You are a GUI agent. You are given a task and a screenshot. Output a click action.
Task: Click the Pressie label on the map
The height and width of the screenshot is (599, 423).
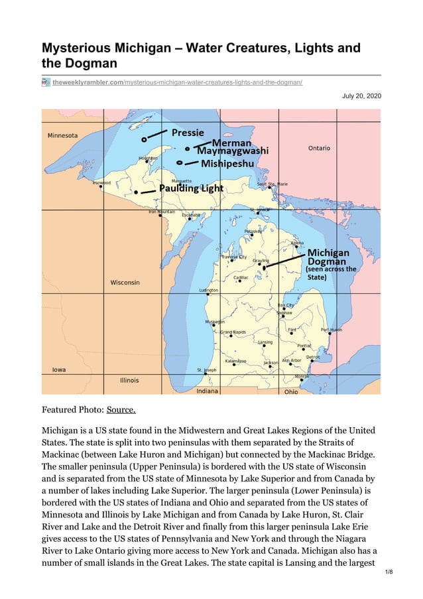click(x=188, y=132)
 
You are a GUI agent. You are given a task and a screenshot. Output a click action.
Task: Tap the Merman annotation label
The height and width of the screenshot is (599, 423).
click(x=231, y=143)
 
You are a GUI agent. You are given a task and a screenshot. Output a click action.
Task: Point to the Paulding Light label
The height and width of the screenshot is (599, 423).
click(x=191, y=188)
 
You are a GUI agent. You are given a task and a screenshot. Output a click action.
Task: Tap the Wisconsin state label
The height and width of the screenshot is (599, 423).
click(x=125, y=283)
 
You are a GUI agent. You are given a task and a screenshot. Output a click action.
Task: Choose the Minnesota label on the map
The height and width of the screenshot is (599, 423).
click(x=62, y=136)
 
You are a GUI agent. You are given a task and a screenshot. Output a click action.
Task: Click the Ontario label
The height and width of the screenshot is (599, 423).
click(x=319, y=148)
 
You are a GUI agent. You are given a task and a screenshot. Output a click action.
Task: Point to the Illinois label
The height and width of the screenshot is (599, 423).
click(x=129, y=381)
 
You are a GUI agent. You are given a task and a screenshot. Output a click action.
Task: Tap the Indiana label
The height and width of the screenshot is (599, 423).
click(x=208, y=391)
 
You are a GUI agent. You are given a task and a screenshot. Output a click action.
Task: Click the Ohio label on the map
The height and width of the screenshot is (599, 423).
click(x=291, y=392)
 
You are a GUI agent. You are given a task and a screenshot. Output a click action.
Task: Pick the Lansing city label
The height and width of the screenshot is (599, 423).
click(x=265, y=342)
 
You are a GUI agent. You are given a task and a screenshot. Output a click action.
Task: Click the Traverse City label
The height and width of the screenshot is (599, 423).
click(x=233, y=257)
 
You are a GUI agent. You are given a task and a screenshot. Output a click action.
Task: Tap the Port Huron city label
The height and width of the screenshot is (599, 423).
click(x=331, y=330)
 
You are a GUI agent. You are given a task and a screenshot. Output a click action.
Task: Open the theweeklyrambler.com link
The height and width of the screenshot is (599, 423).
click(x=178, y=82)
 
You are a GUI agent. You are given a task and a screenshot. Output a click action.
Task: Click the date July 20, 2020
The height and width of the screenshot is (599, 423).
click(x=361, y=96)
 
